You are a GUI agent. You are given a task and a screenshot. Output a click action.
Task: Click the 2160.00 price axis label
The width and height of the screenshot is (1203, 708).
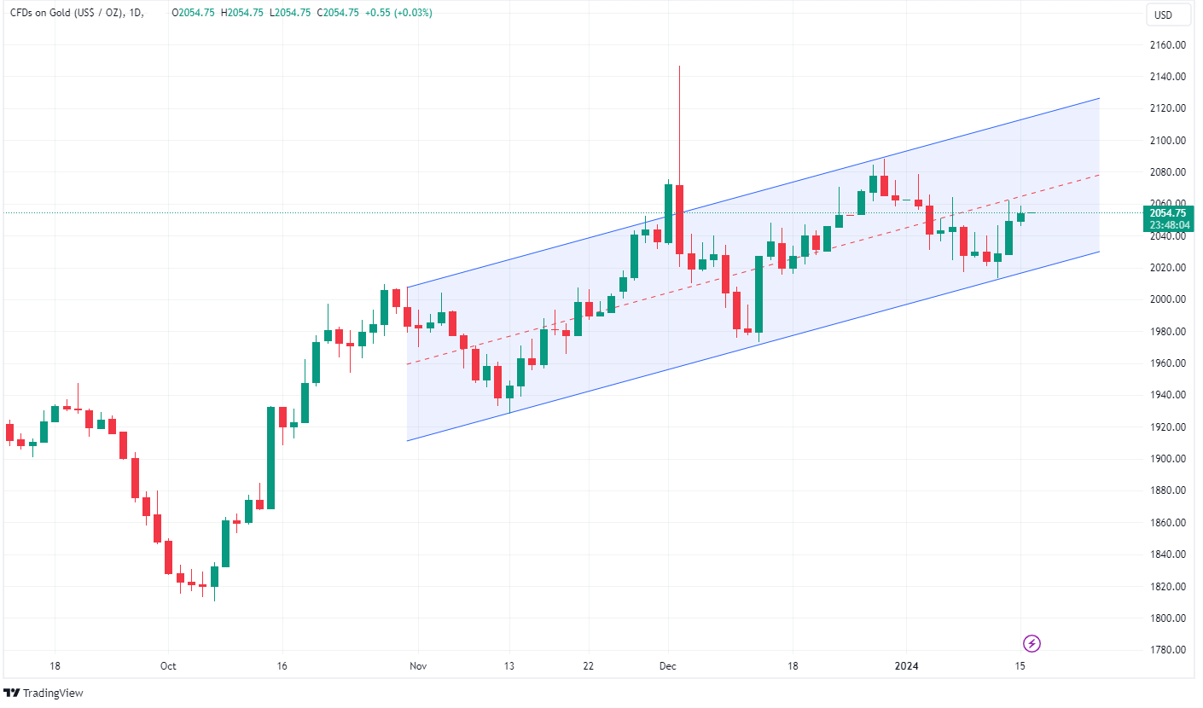pyautogui.click(x=1165, y=44)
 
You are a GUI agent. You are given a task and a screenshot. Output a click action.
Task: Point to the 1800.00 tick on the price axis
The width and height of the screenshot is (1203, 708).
pyautogui.click(x=1165, y=618)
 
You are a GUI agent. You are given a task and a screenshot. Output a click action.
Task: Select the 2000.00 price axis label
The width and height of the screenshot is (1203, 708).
pyautogui.click(x=1165, y=299)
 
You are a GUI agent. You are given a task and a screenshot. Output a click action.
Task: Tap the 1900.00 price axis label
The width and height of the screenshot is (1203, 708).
pyautogui.click(x=1165, y=459)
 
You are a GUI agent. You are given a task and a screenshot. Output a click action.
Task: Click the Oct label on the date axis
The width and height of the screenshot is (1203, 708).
pyautogui.click(x=168, y=666)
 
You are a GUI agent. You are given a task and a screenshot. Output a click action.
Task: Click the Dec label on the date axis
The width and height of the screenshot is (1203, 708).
pyautogui.click(x=668, y=666)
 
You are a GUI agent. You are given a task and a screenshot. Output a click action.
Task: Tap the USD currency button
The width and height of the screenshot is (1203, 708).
pyautogui.click(x=1163, y=15)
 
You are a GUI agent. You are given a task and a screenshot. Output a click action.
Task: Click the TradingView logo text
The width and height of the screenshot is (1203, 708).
pyautogui.click(x=53, y=693)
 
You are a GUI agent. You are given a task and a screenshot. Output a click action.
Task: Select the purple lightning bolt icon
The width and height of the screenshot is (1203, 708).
pyautogui.click(x=1032, y=643)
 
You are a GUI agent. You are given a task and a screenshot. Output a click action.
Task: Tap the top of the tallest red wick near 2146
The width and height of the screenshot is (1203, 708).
pyautogui.click(x=679, y=67)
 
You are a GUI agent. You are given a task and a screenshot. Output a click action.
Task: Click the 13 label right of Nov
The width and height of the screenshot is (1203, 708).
pyautogui.click(x=509, y=666)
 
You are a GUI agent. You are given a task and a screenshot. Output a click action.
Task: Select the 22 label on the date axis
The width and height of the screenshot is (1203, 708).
pyautogui.click(x=589, y=666)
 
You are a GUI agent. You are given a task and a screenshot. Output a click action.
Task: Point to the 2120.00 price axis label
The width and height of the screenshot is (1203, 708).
pyautogui.click(x=1165, y=108)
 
